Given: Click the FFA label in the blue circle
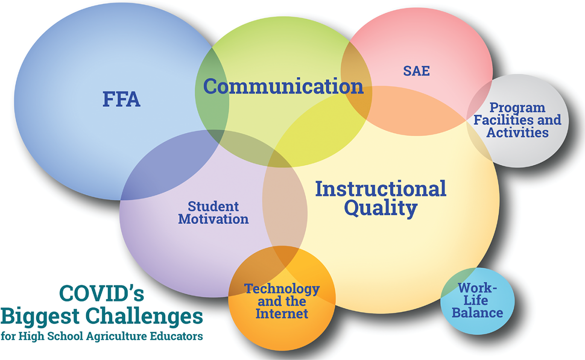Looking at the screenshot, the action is (x=121, y=100).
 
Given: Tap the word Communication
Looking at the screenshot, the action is (x=283, y=86).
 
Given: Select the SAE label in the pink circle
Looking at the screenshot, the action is (x=416, y=71).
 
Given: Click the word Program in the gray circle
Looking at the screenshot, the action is (x=517, y=108).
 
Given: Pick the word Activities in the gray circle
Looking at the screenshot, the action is (x=517, y=133).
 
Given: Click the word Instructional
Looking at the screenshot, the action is (x=381, y=189).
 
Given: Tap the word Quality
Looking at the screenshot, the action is (x=381, y=208).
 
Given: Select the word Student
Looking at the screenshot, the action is (x=213, y=207).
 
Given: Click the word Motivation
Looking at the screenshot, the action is (x=214, y=219).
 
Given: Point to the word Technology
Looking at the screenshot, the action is (x=282, y=289).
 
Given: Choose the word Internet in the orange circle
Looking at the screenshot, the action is (x=282, y=314).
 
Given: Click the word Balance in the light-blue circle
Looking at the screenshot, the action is (x=477, y=313).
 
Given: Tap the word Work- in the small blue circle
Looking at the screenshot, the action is (x=478, y=288).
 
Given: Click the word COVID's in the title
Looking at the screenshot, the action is (x=101, y=293).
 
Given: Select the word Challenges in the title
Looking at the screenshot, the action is (x=144, y=317).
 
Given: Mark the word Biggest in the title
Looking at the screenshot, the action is (x=40, y=317).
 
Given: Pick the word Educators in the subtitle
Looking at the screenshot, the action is (x=176, y=336).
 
